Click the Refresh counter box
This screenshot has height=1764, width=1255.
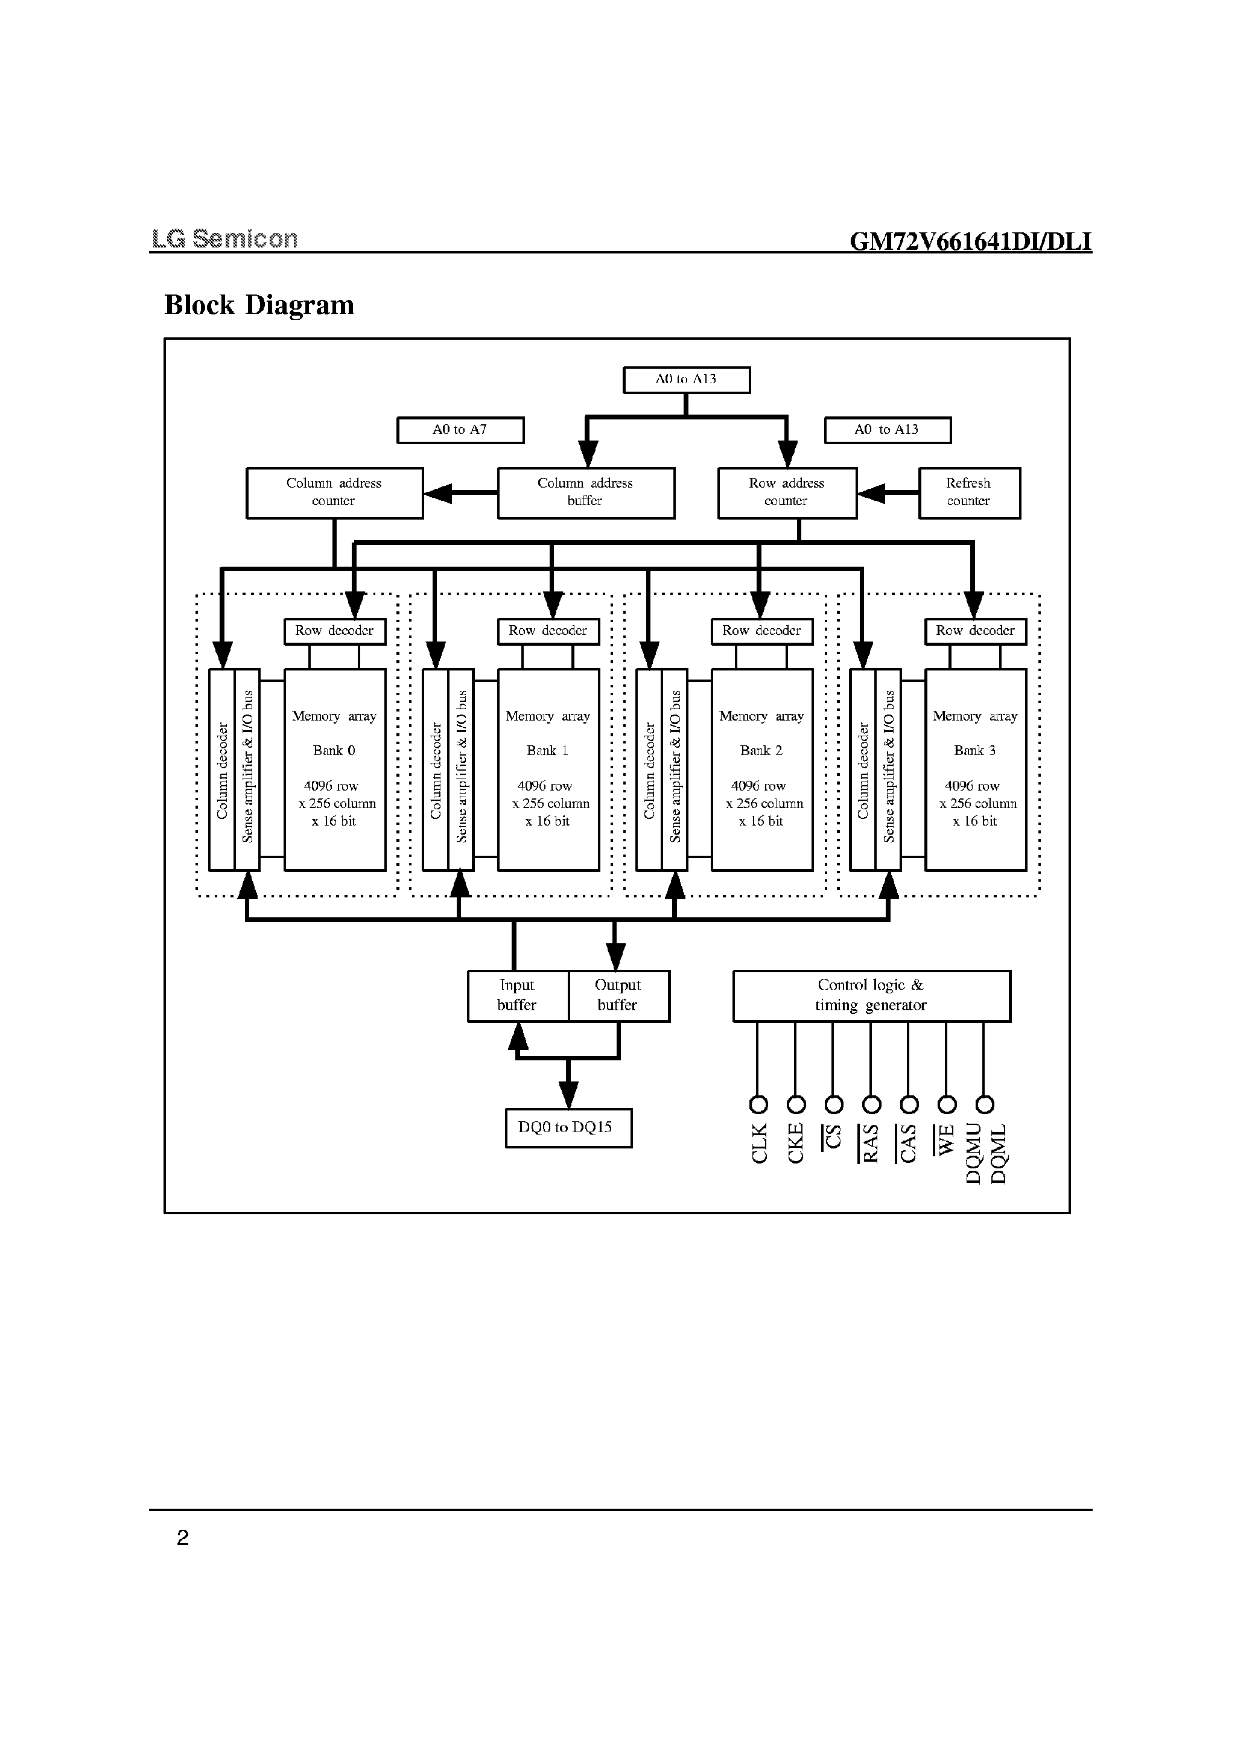click(968, 492)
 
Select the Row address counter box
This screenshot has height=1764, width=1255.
click(787, 492)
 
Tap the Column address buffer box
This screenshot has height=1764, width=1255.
click(585, 492)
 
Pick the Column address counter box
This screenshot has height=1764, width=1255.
click(334, 492)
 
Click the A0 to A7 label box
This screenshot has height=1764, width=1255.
click(460, 430)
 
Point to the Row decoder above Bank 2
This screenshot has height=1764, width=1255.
click(761, 631)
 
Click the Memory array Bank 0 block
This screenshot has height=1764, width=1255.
click(335, 769)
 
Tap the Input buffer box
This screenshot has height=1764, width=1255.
click(518, 996)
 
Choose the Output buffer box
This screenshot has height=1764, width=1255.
click(618, 996)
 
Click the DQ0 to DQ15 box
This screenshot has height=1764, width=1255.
click(568, 1128)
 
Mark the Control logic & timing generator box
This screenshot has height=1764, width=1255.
click(871, 996)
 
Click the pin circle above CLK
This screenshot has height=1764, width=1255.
click(758, 1104)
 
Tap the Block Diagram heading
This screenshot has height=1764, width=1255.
click(259, 305)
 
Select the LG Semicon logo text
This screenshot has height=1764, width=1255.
click(224, 239)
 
